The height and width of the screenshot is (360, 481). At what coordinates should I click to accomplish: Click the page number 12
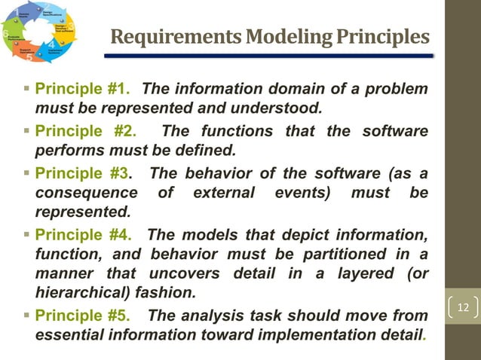click(x=463, y=308)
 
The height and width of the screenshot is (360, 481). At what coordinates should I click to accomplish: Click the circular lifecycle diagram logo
click(x=41, y=32)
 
